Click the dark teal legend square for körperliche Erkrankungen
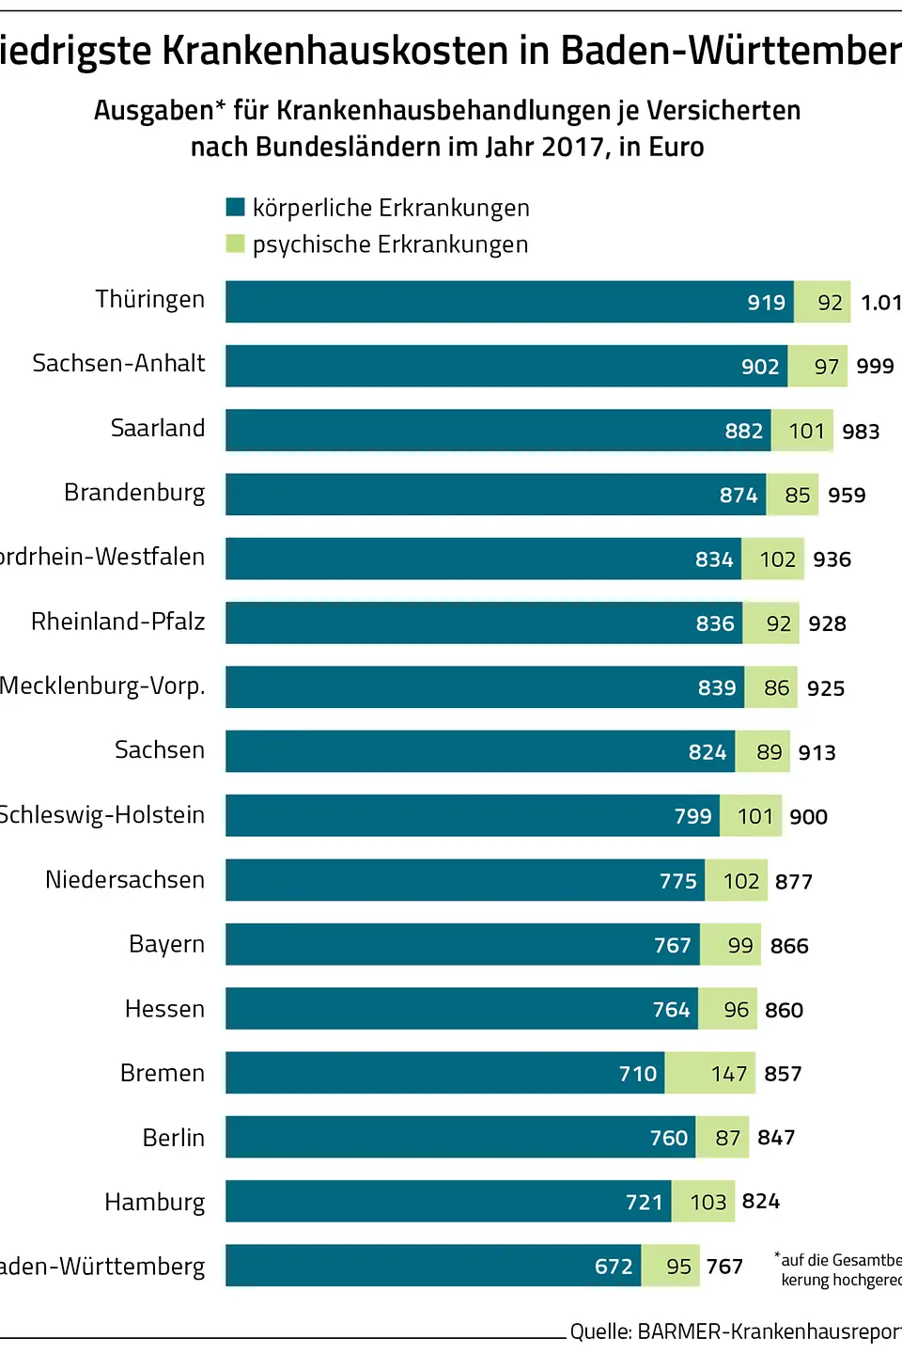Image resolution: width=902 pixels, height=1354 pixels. point(236,207)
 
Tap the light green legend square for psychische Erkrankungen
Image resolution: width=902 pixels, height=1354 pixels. point(236,244)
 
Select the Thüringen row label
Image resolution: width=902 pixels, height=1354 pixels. point(149,299)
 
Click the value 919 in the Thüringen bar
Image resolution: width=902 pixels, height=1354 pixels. point(766,303)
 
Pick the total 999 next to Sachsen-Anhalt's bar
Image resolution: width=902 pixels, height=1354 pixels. point(875,367)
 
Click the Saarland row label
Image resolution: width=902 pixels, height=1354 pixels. point(158,428)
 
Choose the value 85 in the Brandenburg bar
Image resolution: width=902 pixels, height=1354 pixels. point(797,496)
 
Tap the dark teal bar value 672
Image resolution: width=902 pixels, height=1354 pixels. point(614,1267)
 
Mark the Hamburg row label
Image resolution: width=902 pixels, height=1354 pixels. point(154,1202)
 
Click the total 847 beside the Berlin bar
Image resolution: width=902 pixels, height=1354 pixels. point(776,1138)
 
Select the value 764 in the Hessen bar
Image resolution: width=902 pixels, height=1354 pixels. point(671,1010)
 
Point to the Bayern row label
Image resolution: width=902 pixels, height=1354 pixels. point(166,944)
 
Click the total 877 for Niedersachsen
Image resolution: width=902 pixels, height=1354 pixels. point(793,882)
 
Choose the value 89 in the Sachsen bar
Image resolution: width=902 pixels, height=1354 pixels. point(769,752)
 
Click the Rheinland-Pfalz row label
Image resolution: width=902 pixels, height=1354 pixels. point(117,622)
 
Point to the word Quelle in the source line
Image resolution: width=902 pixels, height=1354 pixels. point(599,1331)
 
